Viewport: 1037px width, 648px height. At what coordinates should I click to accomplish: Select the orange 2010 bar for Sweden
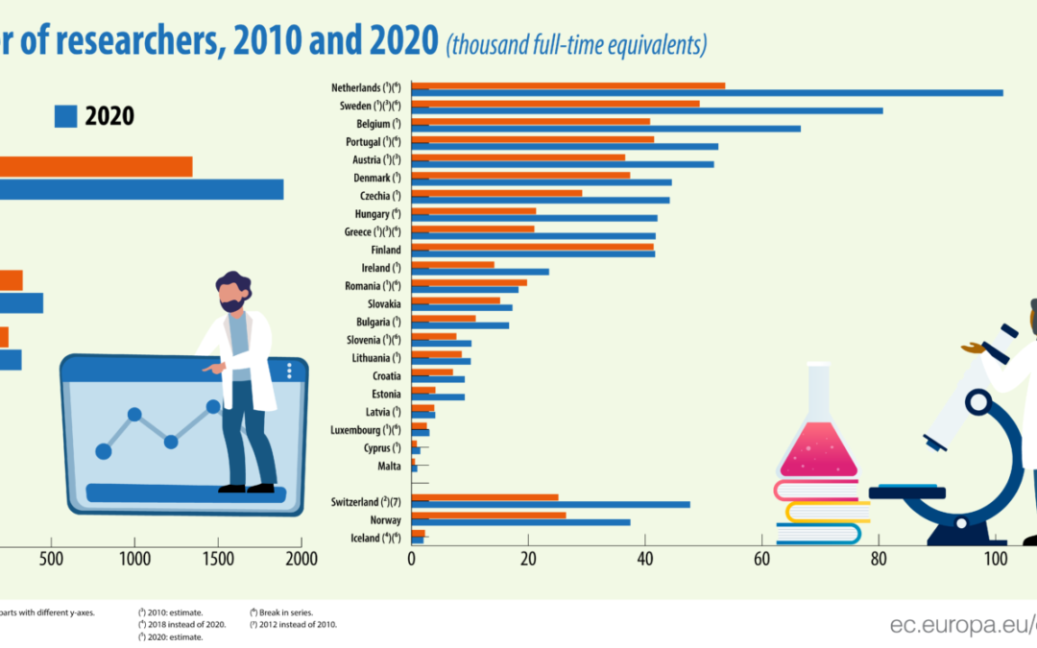pos(556,104)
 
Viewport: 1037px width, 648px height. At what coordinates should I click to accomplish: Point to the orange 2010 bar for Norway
pos(489,515)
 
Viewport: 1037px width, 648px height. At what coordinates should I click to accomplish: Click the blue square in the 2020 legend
pos(65,116)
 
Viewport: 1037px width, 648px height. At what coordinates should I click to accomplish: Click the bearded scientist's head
pos(233,292)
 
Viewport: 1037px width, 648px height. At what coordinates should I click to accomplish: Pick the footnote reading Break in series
pos(280,612)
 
